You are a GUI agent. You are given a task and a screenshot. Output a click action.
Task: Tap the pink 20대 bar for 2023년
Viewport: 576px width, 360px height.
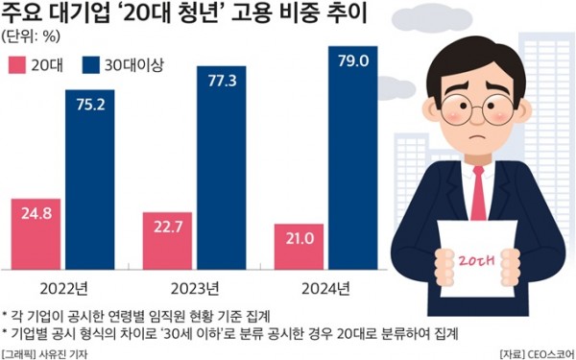click(x=169, y=242)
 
